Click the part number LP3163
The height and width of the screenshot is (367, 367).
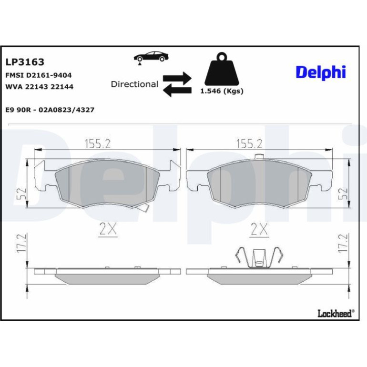(25, 62)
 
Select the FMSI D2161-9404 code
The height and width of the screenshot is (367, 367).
(39, 75)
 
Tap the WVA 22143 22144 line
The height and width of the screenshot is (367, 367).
(39, 87)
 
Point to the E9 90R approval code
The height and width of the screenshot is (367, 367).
(50, 110)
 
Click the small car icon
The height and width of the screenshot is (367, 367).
(151, 58)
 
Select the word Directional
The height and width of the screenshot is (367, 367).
(134, 84)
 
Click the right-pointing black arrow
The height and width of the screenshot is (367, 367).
(177, 79)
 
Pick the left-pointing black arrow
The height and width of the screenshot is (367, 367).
(177, 91)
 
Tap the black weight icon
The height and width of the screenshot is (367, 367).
(222, 69)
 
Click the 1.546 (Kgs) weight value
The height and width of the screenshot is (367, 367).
(222, 91)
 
